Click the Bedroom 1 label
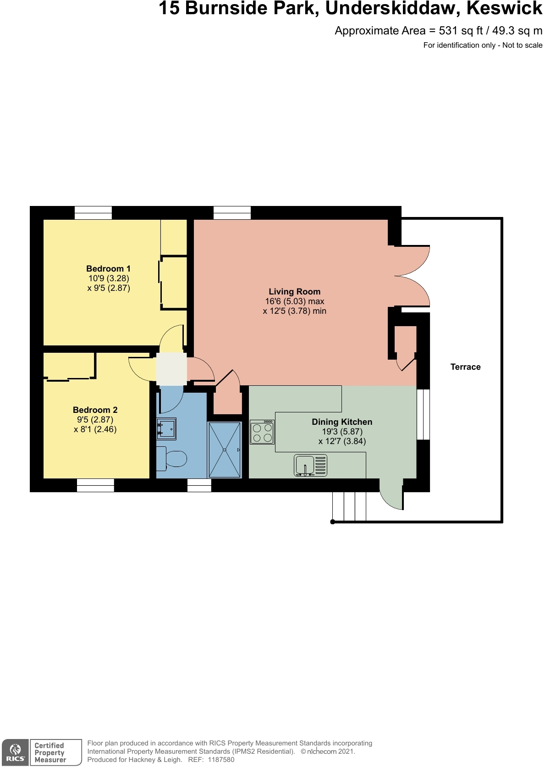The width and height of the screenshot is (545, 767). click(x=108, y=269)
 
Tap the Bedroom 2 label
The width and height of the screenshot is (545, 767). click(x=95, y=410)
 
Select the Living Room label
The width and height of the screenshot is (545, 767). click(x=294, y=292)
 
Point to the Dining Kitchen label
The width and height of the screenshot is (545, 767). click(x=341, y=422)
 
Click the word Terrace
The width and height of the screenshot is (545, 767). click(x=465, y=367)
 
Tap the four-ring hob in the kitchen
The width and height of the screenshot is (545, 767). click(x=262, y=433)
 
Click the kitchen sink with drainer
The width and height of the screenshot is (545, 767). click(x=310, y=466)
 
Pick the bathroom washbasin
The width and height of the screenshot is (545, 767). click(x=166, y=428)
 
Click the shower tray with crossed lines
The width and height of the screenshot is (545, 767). click(x=225, y=450)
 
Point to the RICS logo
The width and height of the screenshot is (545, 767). click(x=15, y=753)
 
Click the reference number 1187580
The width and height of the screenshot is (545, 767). click(x=221, y=760)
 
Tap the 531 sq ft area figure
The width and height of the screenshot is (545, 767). click(x=461, y=31)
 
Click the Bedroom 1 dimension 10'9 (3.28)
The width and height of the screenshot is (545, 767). click(x=109, y=278)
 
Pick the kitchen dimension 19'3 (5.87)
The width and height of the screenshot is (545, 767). click(x=342, y=432)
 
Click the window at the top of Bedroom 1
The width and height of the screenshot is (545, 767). click(x=93, y=213)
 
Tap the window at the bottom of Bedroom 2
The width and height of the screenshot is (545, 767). click(x=95, y=485)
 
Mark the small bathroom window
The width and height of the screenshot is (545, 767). click(x=199, y=485)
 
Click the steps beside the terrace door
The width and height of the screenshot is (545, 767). click(x=349, y=506)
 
